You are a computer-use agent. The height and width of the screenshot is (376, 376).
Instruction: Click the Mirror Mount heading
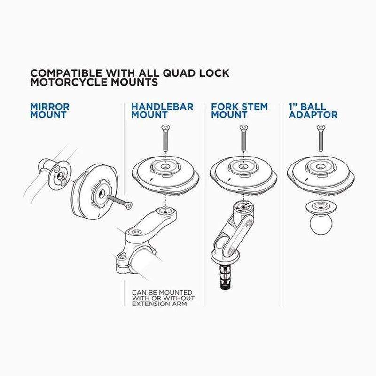pos(50,110)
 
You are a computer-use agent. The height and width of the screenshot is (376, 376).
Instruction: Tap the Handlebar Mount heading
pos(162,110)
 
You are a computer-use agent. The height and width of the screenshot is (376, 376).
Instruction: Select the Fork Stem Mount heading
pos(239,110)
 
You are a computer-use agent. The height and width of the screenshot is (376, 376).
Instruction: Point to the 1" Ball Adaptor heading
pos(313,110)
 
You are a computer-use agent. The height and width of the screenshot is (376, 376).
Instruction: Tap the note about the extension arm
pos(163,298)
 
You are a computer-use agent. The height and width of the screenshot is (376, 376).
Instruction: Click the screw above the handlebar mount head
pos(165,138)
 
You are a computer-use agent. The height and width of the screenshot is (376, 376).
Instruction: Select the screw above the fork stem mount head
pos(243,138)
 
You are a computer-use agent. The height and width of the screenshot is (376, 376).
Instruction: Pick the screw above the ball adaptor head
pos(321,138)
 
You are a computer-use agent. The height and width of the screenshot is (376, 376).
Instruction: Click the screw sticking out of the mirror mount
pos(120,201)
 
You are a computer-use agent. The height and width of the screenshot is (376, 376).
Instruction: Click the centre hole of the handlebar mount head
pos(165,167)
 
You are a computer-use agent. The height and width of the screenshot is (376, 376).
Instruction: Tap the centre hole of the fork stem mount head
pos(243,167)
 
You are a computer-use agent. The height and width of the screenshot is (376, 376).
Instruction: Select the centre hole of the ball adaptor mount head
pos(321,167)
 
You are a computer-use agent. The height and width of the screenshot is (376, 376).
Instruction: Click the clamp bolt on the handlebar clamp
pos(122,257)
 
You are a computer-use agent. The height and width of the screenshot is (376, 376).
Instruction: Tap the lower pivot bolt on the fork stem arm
pos(231,251)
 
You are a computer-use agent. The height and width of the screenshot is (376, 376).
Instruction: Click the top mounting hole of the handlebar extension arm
pos(165,212)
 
